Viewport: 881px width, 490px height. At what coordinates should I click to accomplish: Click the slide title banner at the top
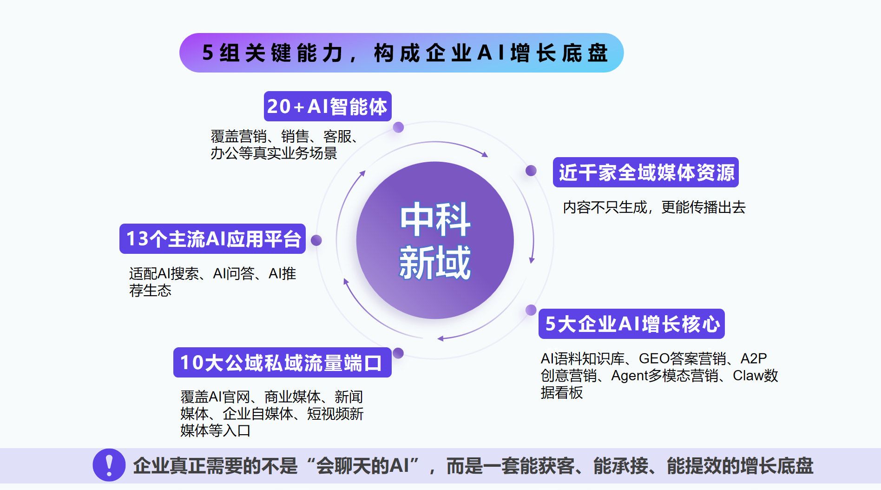(x=401, y=53)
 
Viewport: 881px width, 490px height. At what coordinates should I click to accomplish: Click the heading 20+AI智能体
(x=328, y=106)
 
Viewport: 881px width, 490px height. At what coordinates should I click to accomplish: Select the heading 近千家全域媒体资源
(x=646, y=172)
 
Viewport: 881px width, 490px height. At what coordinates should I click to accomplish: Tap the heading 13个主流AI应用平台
(x=212, y=239)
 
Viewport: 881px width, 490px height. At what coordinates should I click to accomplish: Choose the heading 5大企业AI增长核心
(x=631, y=324)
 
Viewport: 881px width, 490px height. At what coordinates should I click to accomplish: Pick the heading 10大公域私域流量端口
(x=283, y=363)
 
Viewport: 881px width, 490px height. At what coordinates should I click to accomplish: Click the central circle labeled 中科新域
(x=435, y=240)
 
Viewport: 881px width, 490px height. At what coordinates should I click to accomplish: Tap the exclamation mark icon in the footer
(x=109, y=465)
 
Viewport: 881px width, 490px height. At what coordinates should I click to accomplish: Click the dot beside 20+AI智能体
(x=398, y=127)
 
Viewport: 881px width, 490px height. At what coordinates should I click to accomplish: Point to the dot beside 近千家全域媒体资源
(x=531, y=171)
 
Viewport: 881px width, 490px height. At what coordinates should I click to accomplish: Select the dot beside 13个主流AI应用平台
(x=316, y=240)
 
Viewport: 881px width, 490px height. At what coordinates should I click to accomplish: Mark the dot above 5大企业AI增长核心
(x=531, y=310)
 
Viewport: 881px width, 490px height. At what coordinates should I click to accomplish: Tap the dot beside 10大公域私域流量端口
(x=398, y=353)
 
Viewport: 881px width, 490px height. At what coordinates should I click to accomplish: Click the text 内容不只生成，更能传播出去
(x=654, y=207)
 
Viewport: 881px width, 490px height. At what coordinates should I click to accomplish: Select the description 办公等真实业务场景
(x=274, y=153)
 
